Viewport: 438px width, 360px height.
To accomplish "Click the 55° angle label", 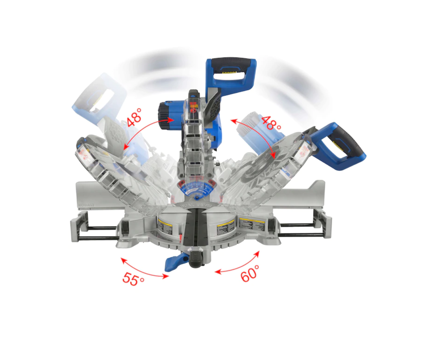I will [133, 279].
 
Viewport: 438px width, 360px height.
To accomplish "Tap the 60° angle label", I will [250, 273].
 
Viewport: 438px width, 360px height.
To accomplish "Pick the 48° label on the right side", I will [271, 123].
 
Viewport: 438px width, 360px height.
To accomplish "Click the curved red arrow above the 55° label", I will [144, 268].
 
